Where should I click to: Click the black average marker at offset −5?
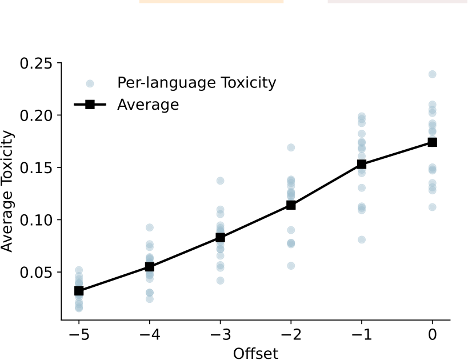tap(79, 291)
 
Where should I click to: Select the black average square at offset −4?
tap(150, 267)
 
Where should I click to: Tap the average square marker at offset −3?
tap(221, 238)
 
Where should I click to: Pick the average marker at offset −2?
tap(291, 205)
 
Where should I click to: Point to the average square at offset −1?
tap(362, 164)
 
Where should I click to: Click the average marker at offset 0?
tap(433, 142)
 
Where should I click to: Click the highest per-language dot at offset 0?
tap(433, 74)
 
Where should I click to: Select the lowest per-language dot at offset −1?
tap(362, 239)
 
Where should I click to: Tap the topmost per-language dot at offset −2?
tap(291, 147)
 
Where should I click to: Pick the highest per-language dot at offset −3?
tap(221, 181)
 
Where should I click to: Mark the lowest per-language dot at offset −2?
tap(291, 266)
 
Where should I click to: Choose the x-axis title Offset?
tap(255, 353)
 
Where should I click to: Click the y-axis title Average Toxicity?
tap(8, 191)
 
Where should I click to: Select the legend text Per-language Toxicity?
tap(197, 83)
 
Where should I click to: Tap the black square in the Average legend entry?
tap(90, 105)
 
